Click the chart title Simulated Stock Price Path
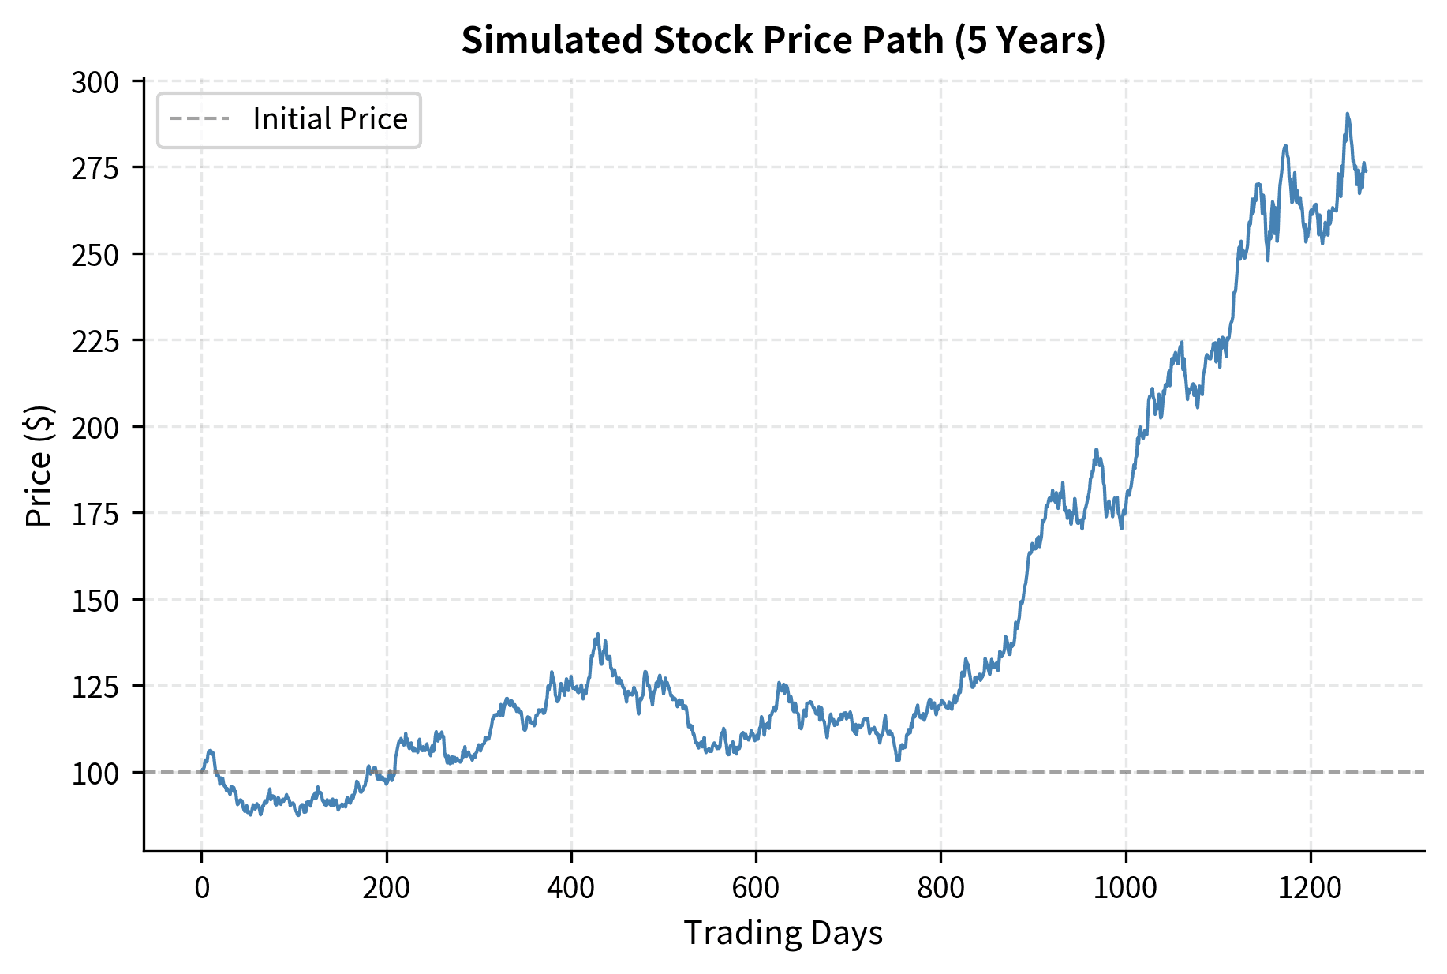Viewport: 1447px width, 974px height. (783, 40)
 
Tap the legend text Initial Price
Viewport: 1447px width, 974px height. (330, 119)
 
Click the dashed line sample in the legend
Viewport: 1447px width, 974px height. (200, 119)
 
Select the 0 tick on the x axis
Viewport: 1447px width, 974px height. (202, 888)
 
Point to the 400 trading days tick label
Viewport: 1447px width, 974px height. (570, 888)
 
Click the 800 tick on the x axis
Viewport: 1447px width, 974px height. (940, 888)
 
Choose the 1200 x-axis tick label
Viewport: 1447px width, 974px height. (1310, 888)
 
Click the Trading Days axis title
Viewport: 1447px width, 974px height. (783, 933)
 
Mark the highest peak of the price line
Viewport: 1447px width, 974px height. (1348, 114)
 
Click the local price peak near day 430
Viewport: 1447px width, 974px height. (597, 634)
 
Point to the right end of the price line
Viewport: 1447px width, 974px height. (1365, 170)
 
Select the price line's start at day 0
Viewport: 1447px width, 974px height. (202, 771)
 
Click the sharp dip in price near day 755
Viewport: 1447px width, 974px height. (898, 759)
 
